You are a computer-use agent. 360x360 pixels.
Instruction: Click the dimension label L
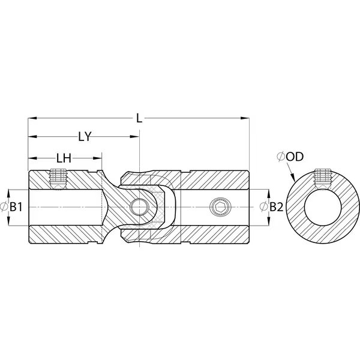point(139,118)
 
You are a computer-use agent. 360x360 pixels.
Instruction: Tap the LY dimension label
point(85,137)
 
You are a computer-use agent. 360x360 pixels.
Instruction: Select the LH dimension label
point(64,158)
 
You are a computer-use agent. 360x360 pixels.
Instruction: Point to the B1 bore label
point(16,208)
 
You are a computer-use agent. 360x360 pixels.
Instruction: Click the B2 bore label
point(276,207)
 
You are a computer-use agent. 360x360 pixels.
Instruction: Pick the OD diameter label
point(295,157)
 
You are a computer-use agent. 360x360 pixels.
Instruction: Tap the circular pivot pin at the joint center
point(139,207)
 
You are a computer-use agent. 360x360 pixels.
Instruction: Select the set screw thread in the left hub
point(58,179)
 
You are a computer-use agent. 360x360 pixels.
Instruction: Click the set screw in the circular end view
point(323,179)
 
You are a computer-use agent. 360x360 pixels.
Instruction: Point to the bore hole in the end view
point(323,207)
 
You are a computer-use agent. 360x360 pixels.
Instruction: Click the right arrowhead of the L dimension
point(245,118)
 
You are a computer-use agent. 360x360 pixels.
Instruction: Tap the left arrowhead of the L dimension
point(32,118)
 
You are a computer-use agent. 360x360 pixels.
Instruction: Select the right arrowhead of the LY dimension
point(134,137)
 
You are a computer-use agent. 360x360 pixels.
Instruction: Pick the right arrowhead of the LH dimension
point(97,158)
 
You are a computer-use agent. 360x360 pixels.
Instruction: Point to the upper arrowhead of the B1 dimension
point(8,194)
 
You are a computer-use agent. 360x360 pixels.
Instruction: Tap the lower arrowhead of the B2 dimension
point(268,221)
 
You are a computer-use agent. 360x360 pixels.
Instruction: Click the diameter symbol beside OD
point(281,157)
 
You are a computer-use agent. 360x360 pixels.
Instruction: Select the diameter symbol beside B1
point(4,208)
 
